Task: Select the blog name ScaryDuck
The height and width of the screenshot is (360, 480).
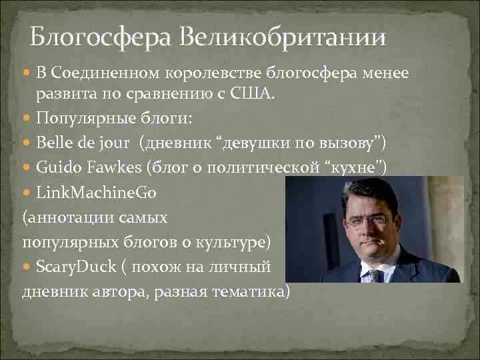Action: (x=77, y=267)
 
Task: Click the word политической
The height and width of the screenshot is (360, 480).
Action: (x=260, y=167)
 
